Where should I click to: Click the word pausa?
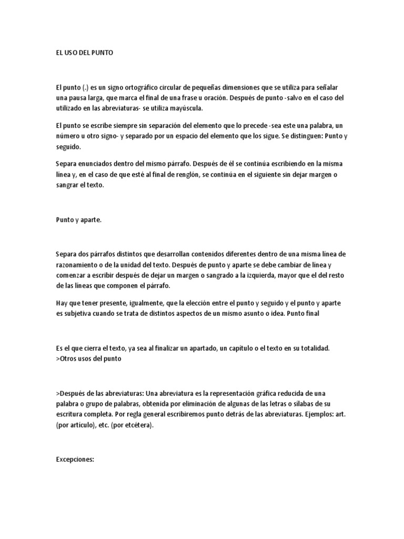(77, 98)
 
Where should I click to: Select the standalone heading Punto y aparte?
(78, 220)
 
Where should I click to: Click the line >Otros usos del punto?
(88, 358)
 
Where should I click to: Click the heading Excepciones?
(75, 459)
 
